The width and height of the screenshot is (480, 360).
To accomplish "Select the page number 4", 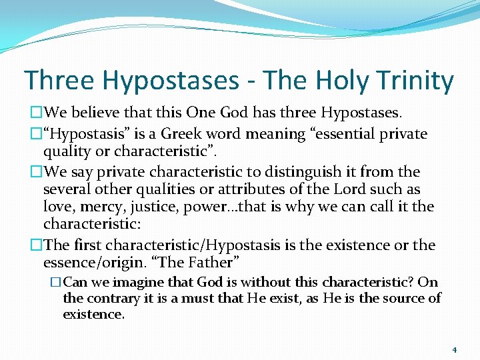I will (x=453, y=349).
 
